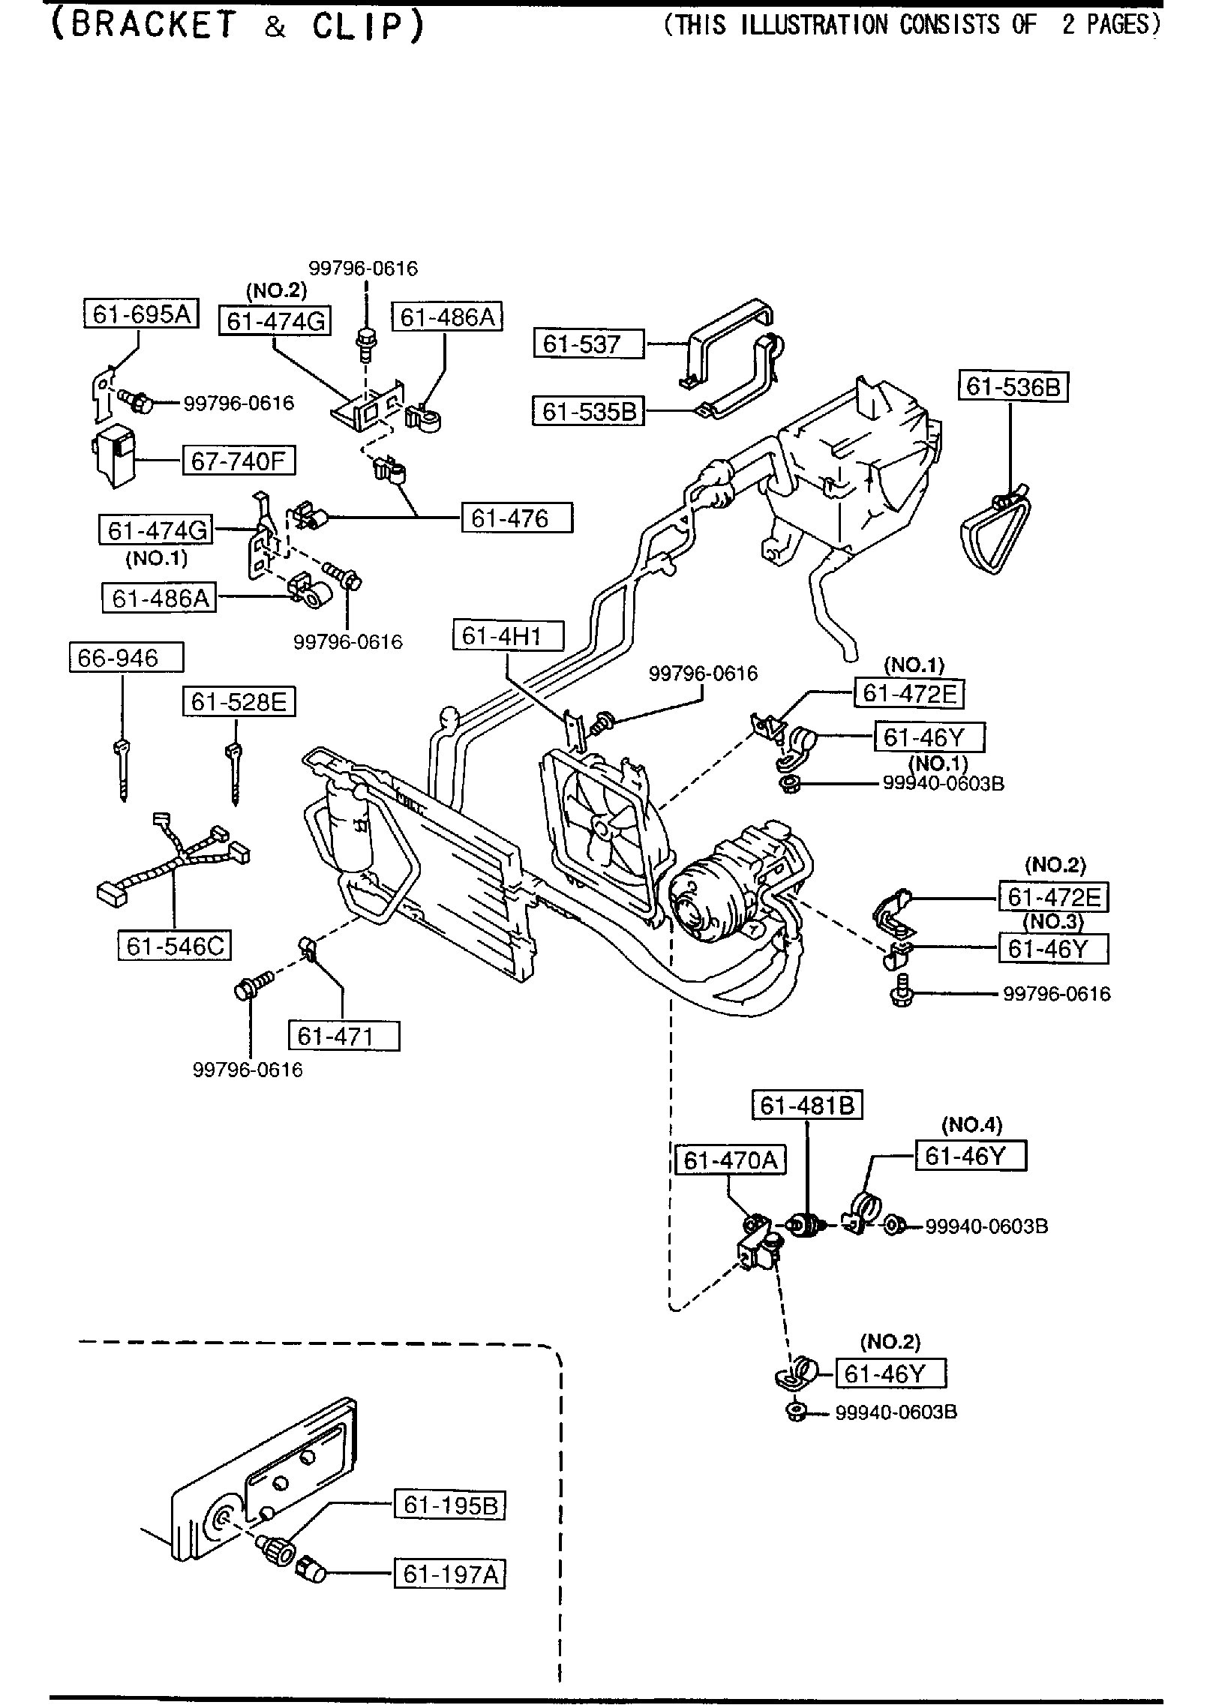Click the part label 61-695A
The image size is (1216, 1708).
coord(140,314)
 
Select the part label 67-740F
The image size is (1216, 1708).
coord(239,461)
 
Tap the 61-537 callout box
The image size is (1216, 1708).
coord(589,344)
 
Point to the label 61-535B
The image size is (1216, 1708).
coord(588,411)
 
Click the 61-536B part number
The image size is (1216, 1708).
coord(1013,386)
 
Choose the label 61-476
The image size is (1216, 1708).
coord(517,518)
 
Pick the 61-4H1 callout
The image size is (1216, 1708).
coord(508,636)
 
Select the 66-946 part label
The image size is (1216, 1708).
coord(126,658)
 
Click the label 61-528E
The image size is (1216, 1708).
coord(239,702)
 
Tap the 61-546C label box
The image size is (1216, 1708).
coord(174,946)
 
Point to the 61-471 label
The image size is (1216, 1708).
coord(344,1036)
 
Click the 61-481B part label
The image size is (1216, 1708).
coord(807,1105)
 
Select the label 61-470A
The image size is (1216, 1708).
coord(730,1160)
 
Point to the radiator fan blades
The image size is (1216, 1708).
coord(602,824)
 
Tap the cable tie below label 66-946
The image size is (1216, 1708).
coord(122,769)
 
